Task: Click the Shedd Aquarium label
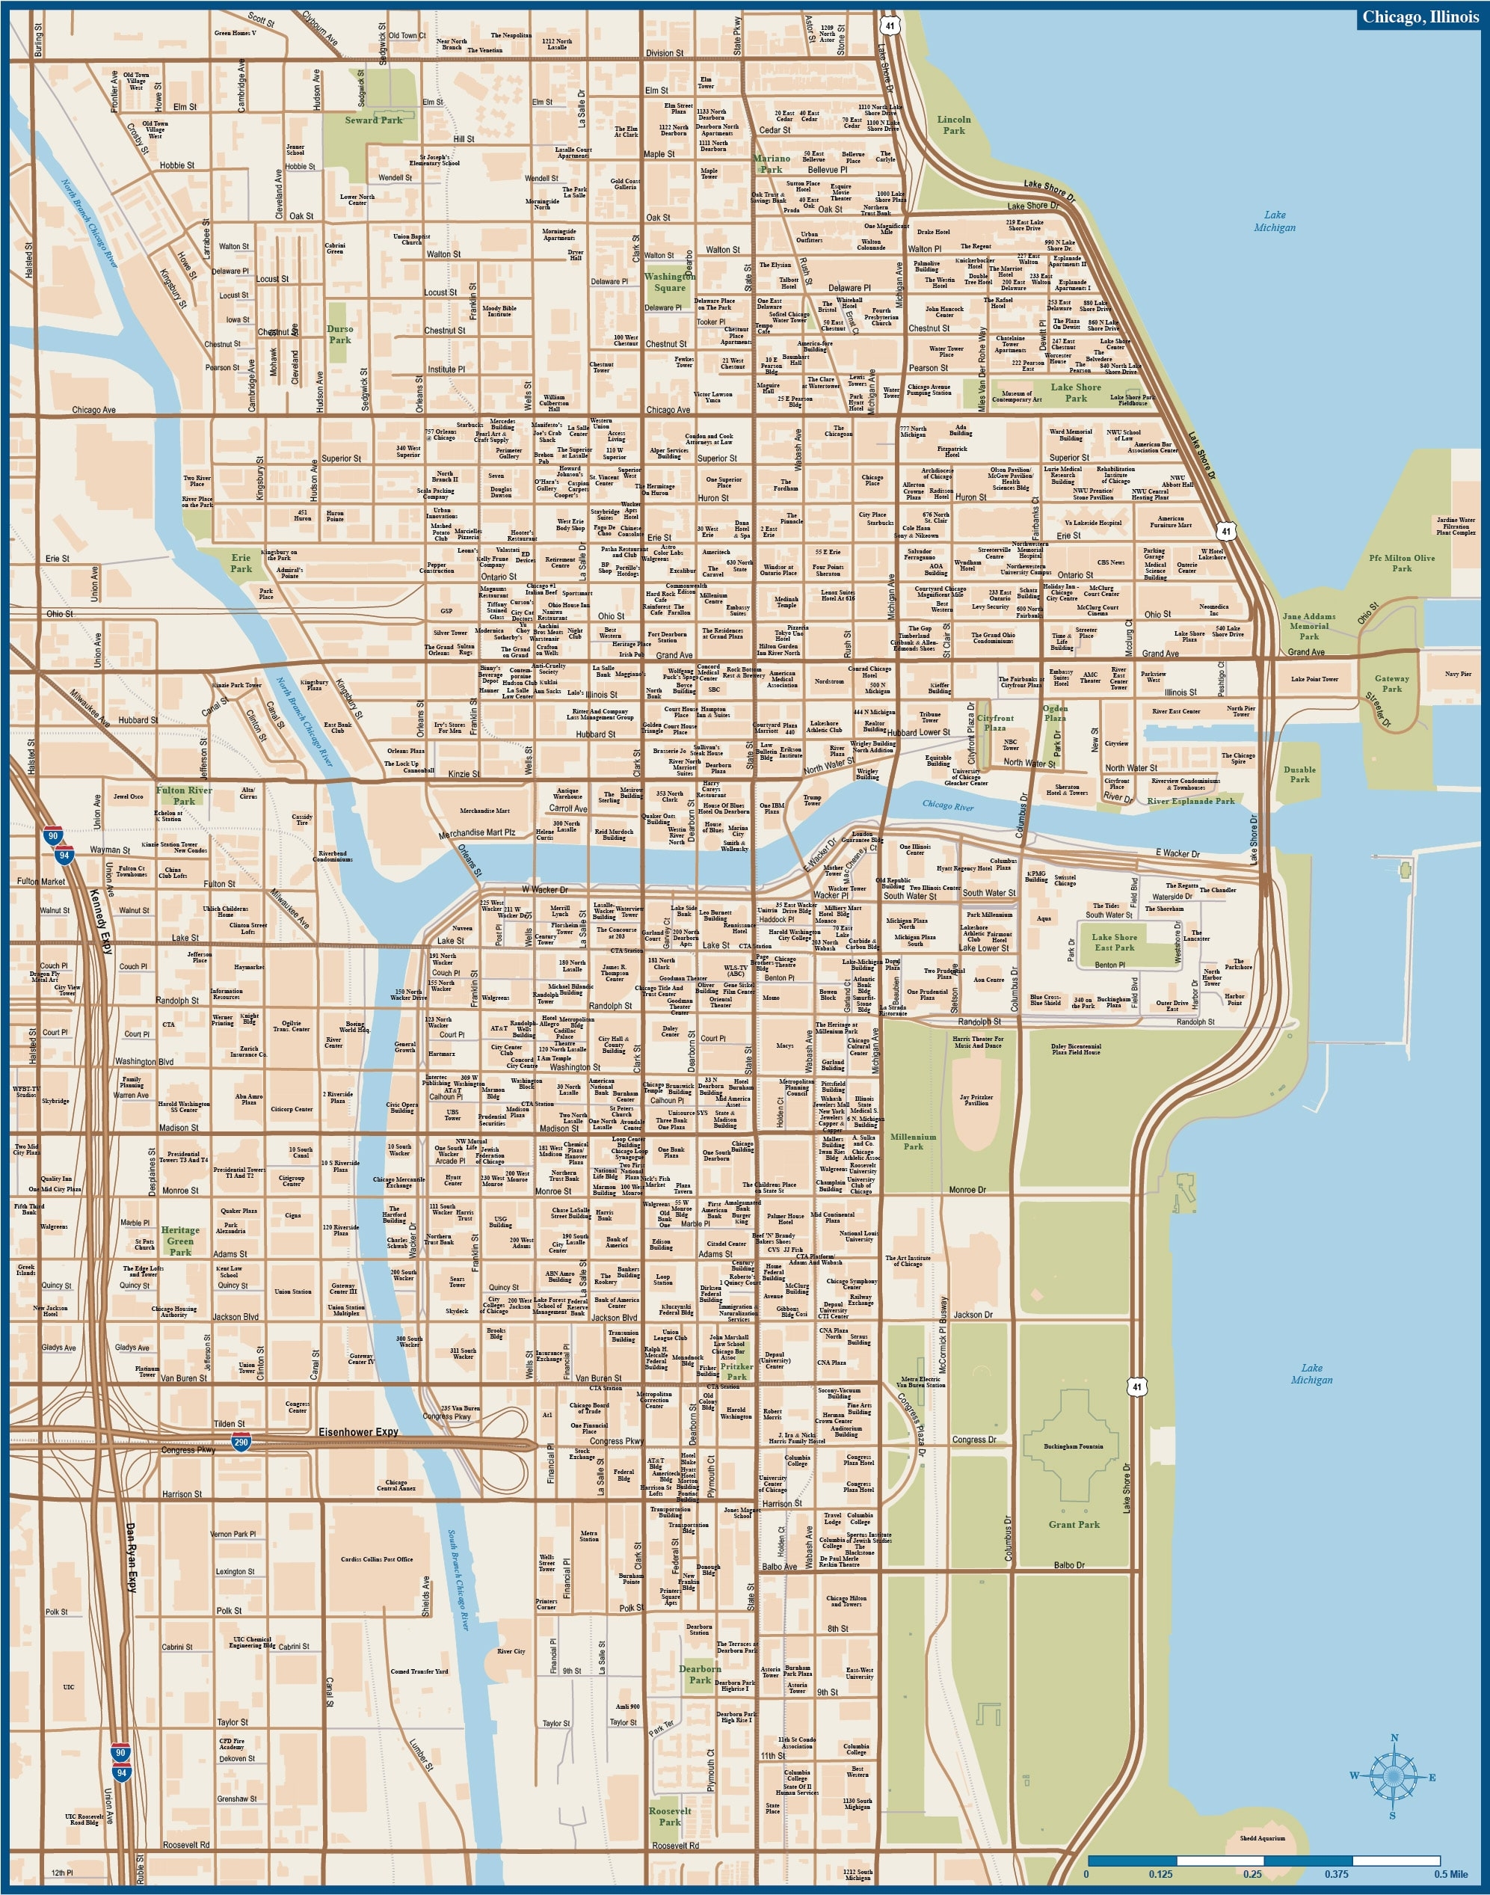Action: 1261,1837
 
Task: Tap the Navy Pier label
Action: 1457,674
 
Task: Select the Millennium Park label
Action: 913,1141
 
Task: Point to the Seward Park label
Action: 373,120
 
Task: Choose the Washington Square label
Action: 669,282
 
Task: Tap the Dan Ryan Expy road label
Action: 131,1582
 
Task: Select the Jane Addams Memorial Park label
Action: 1308,625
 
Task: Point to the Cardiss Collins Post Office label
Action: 377,1559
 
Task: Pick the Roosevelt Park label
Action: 669,1816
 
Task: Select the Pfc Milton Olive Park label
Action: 1401,562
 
